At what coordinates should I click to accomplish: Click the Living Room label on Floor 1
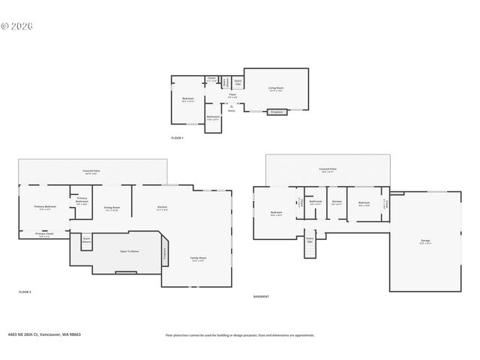coord(275,88)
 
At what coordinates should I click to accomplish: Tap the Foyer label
coord(233,95)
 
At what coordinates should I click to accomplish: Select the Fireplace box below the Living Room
coord(276,112)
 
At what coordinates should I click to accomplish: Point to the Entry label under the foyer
coord(232,111)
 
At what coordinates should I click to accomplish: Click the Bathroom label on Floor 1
coord(213,116)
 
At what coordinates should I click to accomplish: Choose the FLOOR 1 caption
coord(177,138)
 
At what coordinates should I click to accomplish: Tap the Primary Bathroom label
coord(82,200)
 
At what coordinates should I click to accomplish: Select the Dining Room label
coord(112,208)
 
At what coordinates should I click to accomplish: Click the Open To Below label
coord(119,251)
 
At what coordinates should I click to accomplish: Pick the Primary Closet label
coord(44,233)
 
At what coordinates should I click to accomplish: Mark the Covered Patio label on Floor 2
coord(92,172)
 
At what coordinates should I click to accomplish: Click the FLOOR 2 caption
coord(25,291)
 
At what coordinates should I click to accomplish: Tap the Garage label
coord(425,241)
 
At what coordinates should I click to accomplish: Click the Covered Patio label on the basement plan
coord(328,169)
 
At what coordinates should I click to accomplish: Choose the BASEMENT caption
coord(261,296)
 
